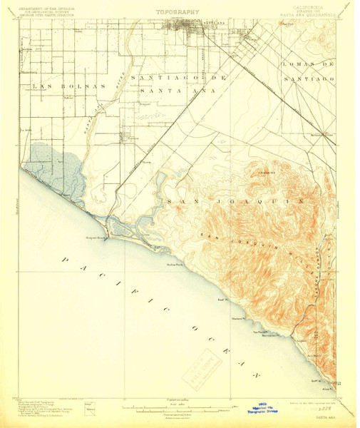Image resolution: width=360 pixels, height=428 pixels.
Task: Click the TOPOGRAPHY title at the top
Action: (178, 12)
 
